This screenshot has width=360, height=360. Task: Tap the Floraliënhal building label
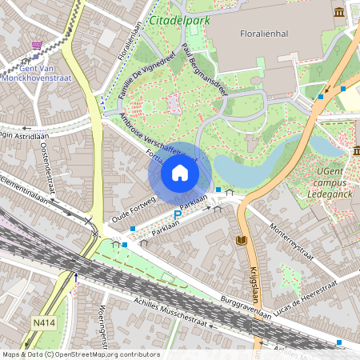pyautogui.click(x=265, y=34)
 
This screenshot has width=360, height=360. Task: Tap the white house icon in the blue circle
pyautogui.click(x=180, y=173)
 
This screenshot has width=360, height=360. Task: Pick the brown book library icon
pyautogui.click(x=241, y=240)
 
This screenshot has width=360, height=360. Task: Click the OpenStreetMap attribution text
pyautogui.click(x=81, y=354)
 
